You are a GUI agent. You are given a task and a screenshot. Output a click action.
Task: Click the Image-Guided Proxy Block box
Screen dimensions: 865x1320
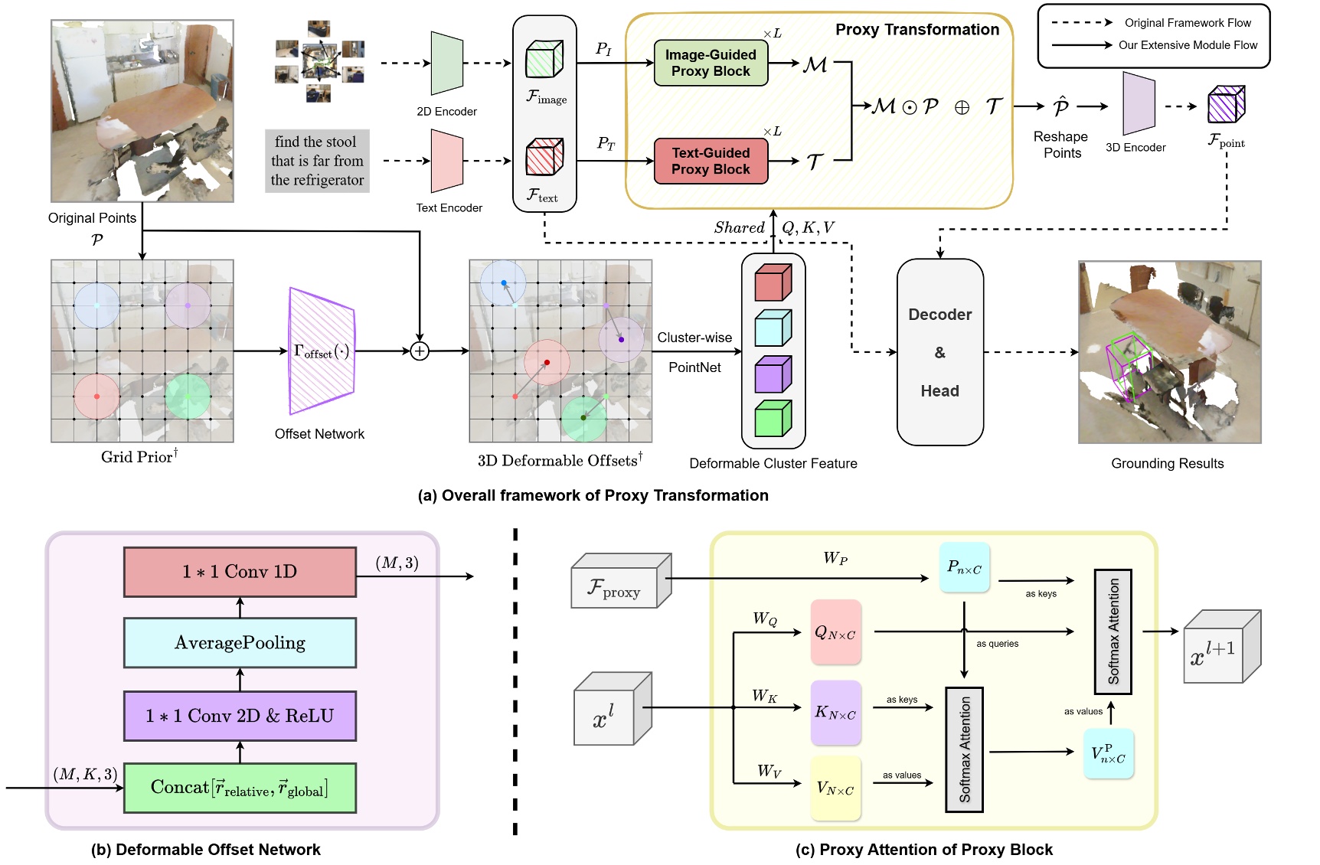point(711,63)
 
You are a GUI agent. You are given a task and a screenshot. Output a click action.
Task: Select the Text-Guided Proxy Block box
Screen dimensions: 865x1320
point(711,161)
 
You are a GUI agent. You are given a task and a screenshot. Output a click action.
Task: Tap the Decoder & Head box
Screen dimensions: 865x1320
point(939,352)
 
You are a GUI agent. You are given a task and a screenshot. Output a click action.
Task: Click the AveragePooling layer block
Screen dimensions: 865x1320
point(240,643)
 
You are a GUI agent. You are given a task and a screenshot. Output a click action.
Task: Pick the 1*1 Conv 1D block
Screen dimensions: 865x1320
point(240,572)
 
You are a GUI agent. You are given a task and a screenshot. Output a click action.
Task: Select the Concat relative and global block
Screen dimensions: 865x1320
point(240,788)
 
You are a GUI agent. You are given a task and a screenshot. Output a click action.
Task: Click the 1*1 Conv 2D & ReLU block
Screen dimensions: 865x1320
point(240,716)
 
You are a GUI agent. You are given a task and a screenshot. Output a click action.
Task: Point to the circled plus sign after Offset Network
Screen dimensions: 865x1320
point(420,351)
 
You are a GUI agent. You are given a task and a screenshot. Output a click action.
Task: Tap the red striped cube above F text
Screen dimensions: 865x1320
point(544,157)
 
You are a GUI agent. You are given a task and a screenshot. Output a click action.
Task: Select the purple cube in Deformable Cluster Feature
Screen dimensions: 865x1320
point(773,375)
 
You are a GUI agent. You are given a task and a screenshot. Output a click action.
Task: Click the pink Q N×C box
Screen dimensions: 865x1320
point(835,632)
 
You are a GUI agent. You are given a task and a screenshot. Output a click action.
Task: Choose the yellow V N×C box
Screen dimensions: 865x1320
point(835,788)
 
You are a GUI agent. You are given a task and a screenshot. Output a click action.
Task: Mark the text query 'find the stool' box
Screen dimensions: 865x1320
point(317,161)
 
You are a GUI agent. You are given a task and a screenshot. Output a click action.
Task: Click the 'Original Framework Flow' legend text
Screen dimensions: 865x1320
point(1187,23)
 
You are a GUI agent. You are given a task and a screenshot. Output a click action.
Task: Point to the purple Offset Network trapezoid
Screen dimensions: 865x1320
point(322,351)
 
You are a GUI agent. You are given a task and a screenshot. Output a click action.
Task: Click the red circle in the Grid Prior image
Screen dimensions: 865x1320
point(96,397)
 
